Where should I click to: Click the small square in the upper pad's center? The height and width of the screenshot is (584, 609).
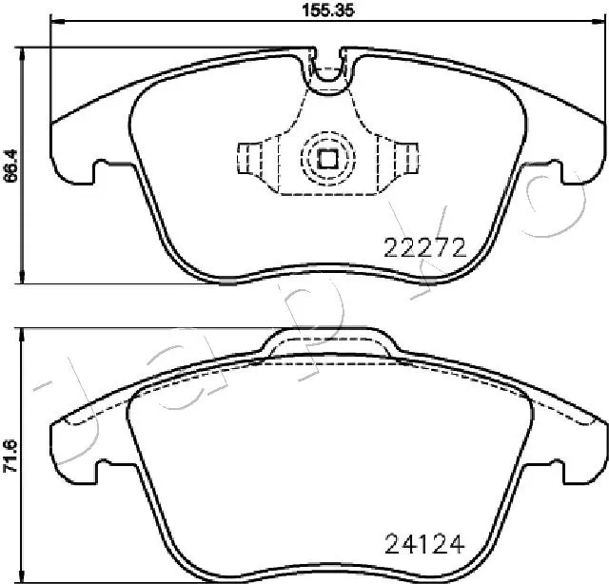tap(327, 159)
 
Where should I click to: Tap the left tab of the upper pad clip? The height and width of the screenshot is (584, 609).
tap(248, 157)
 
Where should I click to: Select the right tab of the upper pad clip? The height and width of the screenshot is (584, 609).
tap(406, 157)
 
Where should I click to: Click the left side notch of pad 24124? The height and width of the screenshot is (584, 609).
tap(101, 466)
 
